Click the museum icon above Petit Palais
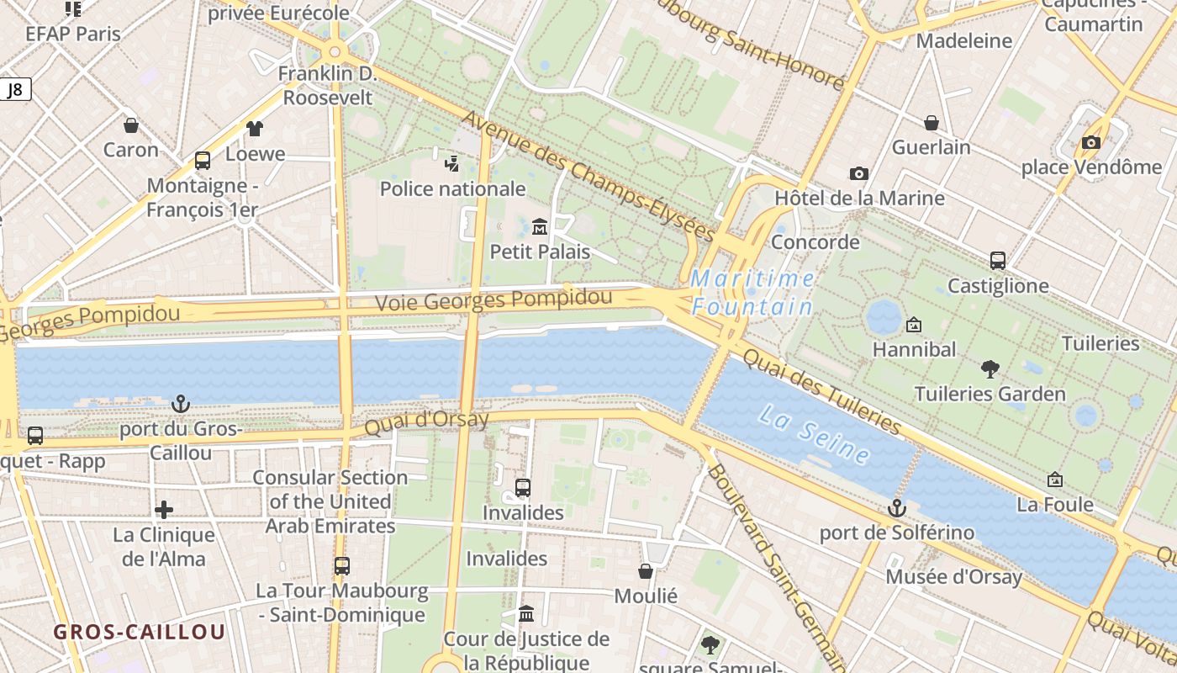(x=540, y=225)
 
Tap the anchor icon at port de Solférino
(x=897, y=508)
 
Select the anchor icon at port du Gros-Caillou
(x=180, y=405)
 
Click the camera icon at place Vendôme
(x=1091, y=142)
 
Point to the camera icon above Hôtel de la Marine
(x=858, y=173)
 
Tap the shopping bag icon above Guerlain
(x=932, y=123)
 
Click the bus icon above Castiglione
(x=998, y=261)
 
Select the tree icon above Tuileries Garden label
(x=990, y=368)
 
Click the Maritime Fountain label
(x=752, y=292)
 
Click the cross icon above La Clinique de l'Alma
(x=164, y=509)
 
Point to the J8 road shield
(x=15, y=90)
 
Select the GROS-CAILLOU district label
(x=140, y=632)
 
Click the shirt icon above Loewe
(x=255, y=128)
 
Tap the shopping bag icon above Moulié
(x=646, y=571)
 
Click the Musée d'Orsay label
(x=953, y=577)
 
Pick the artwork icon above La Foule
(x=1055, y=480)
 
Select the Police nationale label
(x=453, y=188)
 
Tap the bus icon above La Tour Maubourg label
(x=341, y=566)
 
